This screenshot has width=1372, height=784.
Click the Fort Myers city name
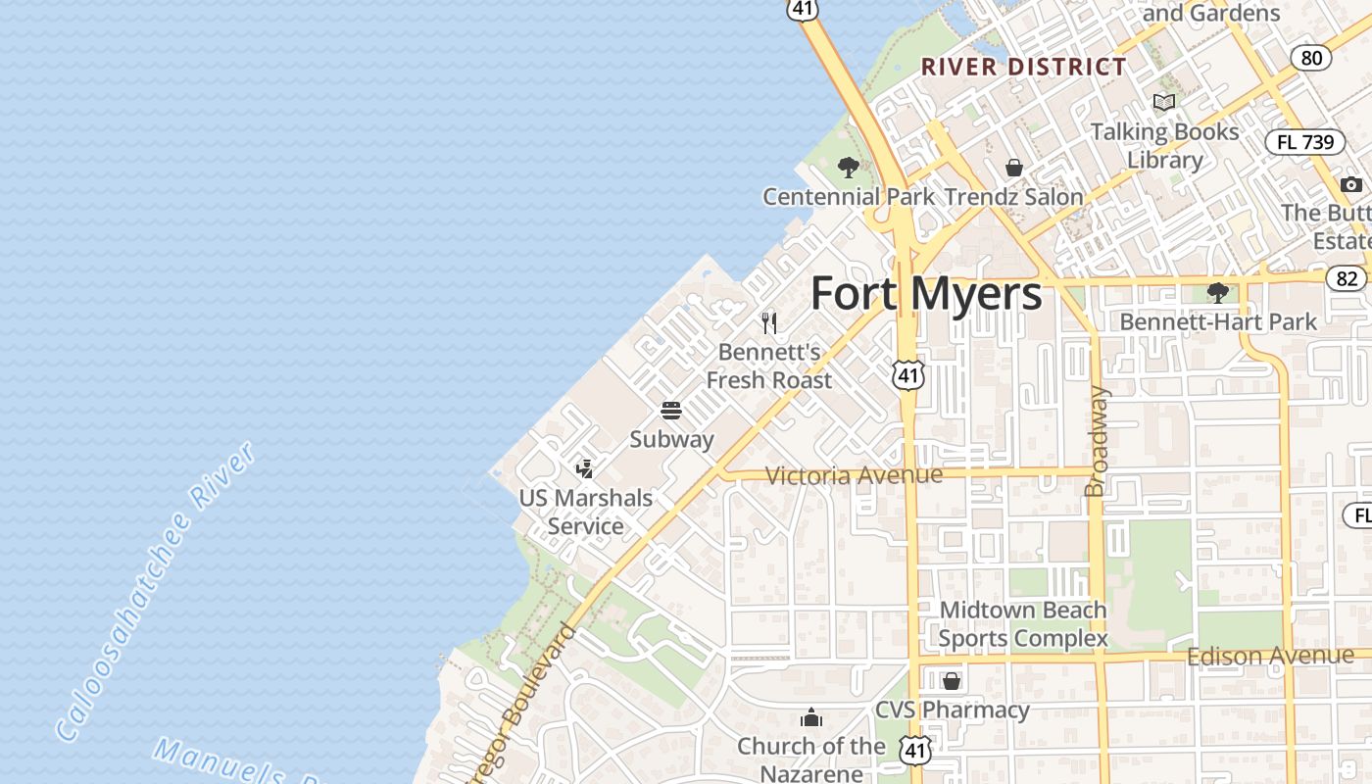[x=926, y=293]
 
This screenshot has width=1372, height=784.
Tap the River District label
[x=1024, y=67]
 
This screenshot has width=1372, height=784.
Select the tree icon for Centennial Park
[x=849, y=168]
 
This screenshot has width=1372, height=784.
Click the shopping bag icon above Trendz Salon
[x=1014, y=168]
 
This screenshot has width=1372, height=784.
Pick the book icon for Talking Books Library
[x=1164, y=102]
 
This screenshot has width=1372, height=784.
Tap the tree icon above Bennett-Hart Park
[x=1218, y=292]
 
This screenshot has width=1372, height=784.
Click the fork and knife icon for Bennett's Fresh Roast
[x=769, y=322]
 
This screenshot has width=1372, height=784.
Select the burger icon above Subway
[x=671, y=410]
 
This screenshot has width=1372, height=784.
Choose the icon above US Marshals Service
[x=585, y=468]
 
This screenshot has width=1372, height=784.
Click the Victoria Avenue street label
[x=854, y=475]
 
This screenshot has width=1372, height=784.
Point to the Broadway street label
[x=1097, y=441]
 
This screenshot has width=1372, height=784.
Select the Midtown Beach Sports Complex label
[x=1023, y=624]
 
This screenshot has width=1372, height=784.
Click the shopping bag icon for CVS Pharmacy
[x=951, y=680]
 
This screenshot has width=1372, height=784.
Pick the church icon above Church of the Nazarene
[x=810, y=717]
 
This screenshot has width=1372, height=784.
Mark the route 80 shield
[x=1311, y=57]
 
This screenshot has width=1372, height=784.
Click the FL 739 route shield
[x=1305, y=142]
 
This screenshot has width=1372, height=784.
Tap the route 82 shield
[x=1347, y=278]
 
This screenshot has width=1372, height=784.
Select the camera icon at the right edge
[x=1351, y=184]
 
